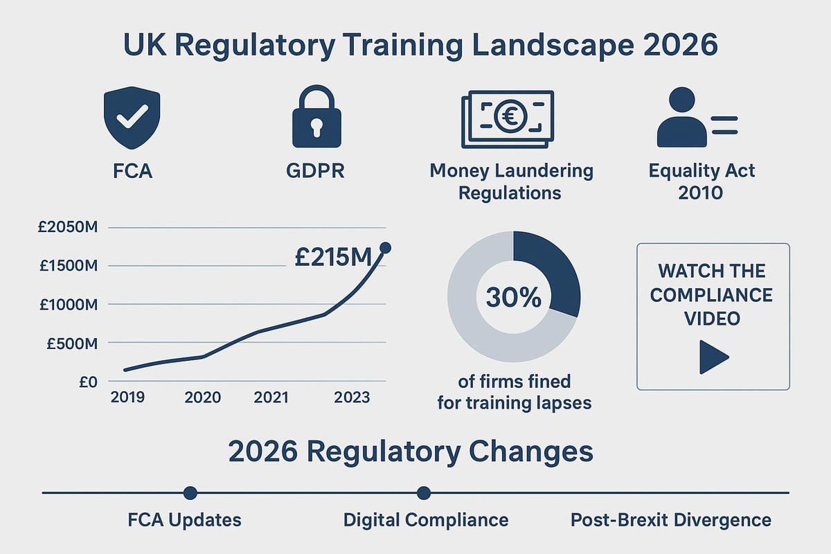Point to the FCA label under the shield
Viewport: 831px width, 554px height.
pos(132,170)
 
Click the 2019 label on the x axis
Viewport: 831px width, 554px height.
pos(128,397)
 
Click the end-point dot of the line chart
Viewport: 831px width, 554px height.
pos(386,248)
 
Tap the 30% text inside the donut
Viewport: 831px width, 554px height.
pos(513,298)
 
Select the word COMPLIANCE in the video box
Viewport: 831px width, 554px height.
pos(711,295)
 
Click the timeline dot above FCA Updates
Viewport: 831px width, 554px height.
pos(190,493)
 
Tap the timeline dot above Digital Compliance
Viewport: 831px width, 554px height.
pos(424,493)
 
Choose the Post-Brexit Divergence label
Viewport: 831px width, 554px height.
pos(670,520)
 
